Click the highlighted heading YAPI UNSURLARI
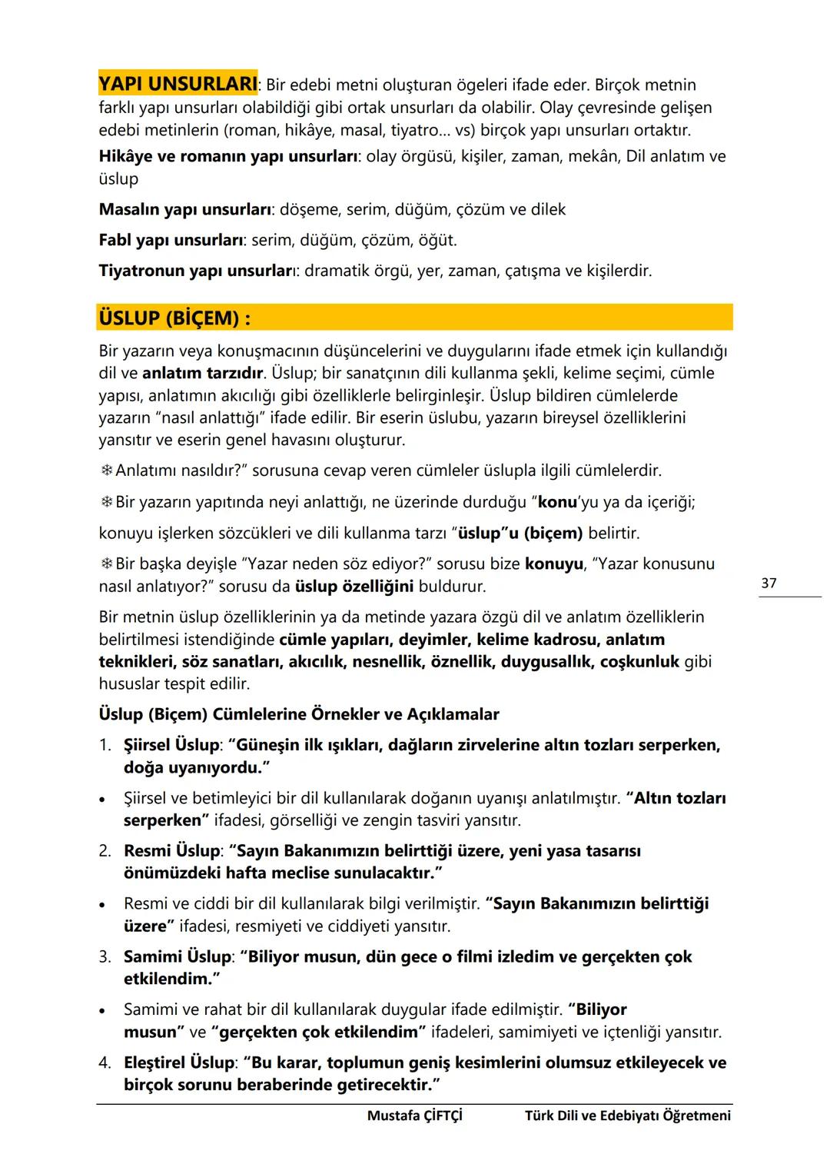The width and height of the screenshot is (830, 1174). click(178, 83)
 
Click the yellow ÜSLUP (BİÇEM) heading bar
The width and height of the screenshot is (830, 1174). click(415, 318)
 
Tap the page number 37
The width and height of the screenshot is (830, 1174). click(769, 583)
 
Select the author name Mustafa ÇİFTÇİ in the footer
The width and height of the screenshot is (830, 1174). click(415, 1116)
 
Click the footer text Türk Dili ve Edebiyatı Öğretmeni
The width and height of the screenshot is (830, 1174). click(628, 1116)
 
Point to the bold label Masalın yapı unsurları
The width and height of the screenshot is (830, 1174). click(184, 209)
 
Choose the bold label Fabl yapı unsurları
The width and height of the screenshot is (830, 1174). click(171, 240)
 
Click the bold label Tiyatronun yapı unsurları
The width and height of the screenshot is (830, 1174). click(198, 271)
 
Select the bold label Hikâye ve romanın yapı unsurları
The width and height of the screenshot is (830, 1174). click(228, 156)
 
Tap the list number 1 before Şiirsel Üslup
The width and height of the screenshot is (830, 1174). click(105, 745)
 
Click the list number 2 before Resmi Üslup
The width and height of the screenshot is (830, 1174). click(105, 851)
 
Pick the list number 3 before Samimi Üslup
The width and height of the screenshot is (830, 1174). click(105, 957)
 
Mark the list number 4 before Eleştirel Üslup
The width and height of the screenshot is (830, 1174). click(105, 1063)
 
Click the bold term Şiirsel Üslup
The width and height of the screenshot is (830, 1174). click(171, 745)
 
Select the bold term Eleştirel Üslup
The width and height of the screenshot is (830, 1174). click(178, 1063)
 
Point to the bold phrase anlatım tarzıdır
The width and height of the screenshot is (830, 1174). click(203, 374)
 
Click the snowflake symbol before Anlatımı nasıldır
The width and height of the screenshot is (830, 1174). click(106, 471)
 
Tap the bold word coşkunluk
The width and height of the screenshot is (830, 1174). click(639, 661)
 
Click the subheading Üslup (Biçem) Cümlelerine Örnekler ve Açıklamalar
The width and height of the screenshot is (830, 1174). click(299, 714)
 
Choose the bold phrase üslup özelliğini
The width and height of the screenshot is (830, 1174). click(354, 587)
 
